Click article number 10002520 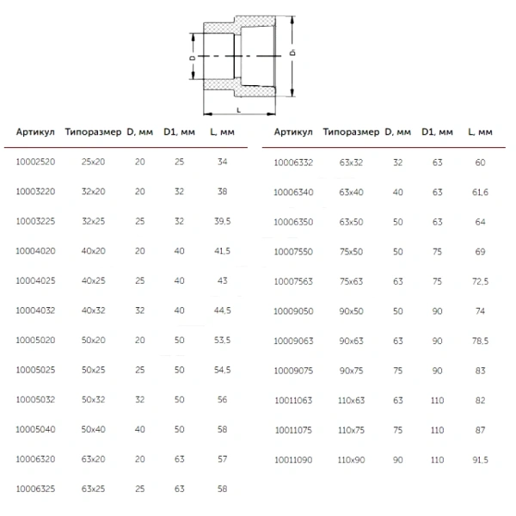point(35,162)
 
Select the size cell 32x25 point(94,221)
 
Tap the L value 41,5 point(223,251)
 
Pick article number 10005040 point(35,429)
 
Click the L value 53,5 point(223,341)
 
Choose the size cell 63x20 point(94,459)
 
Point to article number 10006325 point(35,489)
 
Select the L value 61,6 point(480,192)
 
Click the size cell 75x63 point(352,281)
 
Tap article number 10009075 point(293,371)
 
